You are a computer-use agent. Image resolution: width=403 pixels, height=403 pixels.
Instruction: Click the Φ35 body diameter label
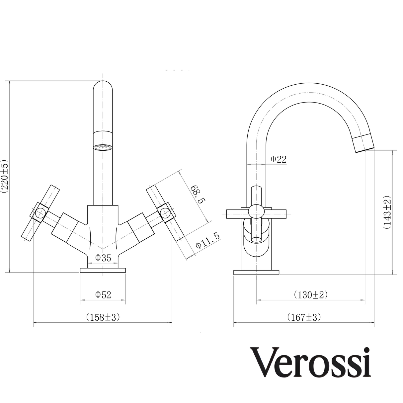[x=103, y=258]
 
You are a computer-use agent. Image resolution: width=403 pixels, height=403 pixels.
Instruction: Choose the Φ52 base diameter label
[x=103, y=294]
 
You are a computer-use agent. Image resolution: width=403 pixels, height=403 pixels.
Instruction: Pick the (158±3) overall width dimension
[x=103, y=317]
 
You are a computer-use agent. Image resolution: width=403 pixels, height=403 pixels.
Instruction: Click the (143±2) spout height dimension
[x=387, y=212]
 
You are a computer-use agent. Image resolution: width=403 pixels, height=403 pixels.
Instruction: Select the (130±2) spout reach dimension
[x=310, y=294]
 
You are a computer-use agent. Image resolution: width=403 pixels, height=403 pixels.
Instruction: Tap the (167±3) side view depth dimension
[x=304, y=317]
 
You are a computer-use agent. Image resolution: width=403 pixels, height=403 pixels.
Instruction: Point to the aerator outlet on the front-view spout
[x=103, y=147]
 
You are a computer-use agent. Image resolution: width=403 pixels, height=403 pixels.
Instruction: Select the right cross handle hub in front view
[x=165, y=212]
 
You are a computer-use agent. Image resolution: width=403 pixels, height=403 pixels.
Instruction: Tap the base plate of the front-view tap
[x=103, y=270]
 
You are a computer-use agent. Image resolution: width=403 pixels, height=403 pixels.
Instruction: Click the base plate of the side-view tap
[x=256, y=273]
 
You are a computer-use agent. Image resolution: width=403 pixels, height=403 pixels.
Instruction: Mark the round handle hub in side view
[x=256, y=211]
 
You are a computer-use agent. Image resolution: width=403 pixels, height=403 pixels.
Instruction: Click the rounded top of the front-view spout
[x=103, y=87]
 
